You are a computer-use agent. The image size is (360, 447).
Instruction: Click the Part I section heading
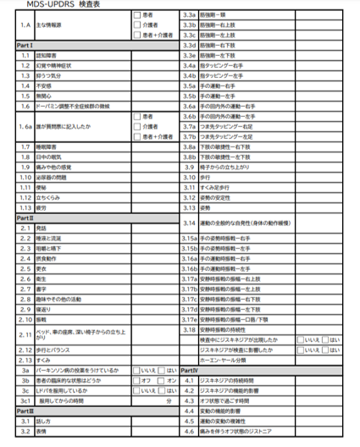point(25,44)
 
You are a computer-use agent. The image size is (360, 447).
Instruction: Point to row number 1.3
point(25,74)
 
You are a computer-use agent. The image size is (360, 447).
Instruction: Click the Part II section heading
point(25,218)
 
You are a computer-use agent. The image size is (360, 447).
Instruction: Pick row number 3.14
point(190,223)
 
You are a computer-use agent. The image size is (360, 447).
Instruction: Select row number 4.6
point(190,431)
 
